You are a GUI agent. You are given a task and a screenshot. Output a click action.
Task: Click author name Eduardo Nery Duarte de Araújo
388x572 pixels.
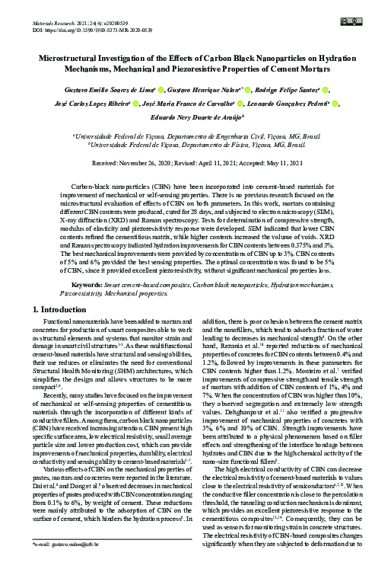click(196, 118)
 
